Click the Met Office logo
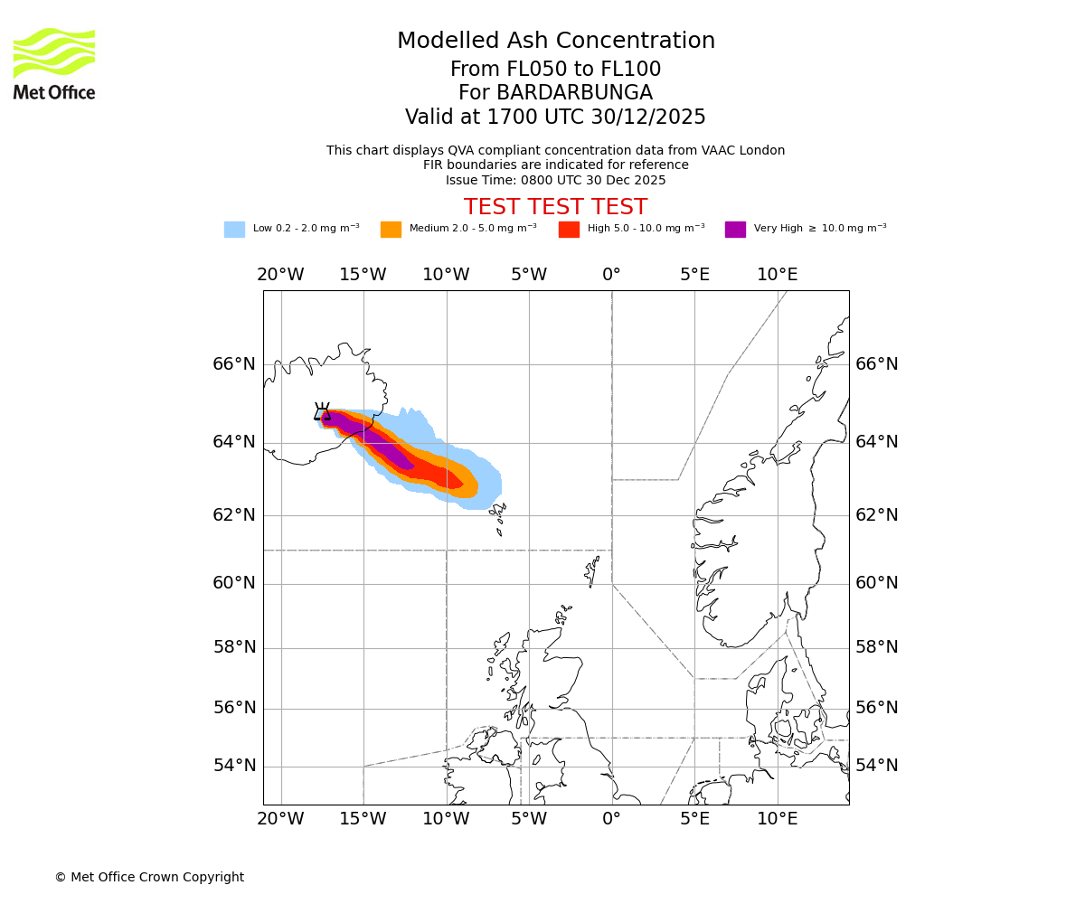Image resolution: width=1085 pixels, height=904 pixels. pyautogui.click(x=54, y=63)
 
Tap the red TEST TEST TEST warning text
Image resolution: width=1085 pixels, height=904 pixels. pyautogui.click(x=555, y=207)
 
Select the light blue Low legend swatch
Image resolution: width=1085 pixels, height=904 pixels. pyautogui.click(x=234, y=229)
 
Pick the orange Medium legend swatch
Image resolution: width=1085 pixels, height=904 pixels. pyautogui.click(x=391, y=229)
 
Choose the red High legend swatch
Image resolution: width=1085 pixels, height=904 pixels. pyautogui.click(x=569, y=229)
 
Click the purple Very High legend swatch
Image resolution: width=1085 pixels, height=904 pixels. pyautogui.click(x=735, y=229)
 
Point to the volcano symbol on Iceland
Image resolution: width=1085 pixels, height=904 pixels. pyautogui.click(x=322, y=412)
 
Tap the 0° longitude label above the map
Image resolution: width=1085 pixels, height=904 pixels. pyautogui.click(x=611, y=275)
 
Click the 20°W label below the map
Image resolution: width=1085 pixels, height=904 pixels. pyautogui.click(x=280, y=819)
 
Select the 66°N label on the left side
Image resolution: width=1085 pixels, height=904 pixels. pyautogui.click(x=234, y=364)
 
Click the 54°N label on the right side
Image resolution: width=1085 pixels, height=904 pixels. pyautogui.click(x=877, y=766)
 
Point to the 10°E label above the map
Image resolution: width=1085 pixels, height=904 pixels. pyautogui.click(x=777, y=275)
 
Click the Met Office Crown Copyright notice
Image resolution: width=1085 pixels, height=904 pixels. pyautogui.click(x=149, y=877)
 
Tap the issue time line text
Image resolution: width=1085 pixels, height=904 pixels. pyautogui.click(x=555, y=180)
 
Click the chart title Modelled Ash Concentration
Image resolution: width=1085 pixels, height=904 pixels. pyautogui.click(x=555, y=41)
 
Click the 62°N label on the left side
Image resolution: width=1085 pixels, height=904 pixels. pyautogui.click(x=234, y=515)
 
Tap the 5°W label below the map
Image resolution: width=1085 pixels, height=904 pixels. pyautogui.click(x=528, y=819)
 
